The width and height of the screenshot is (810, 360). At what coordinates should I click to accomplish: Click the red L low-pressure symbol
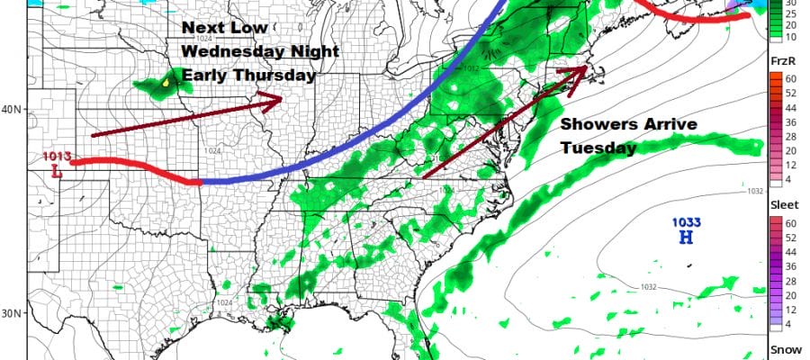click(56, 171)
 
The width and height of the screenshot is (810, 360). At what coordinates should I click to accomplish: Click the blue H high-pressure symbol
click(686, 238)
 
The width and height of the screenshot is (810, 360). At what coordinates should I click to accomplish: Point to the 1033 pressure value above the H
click(686, 222)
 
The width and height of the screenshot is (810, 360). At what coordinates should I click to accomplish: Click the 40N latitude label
click(12, 110)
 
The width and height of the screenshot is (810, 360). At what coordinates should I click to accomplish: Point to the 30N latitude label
click(12, 312)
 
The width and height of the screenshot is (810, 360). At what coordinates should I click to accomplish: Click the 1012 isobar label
click(469, 67)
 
